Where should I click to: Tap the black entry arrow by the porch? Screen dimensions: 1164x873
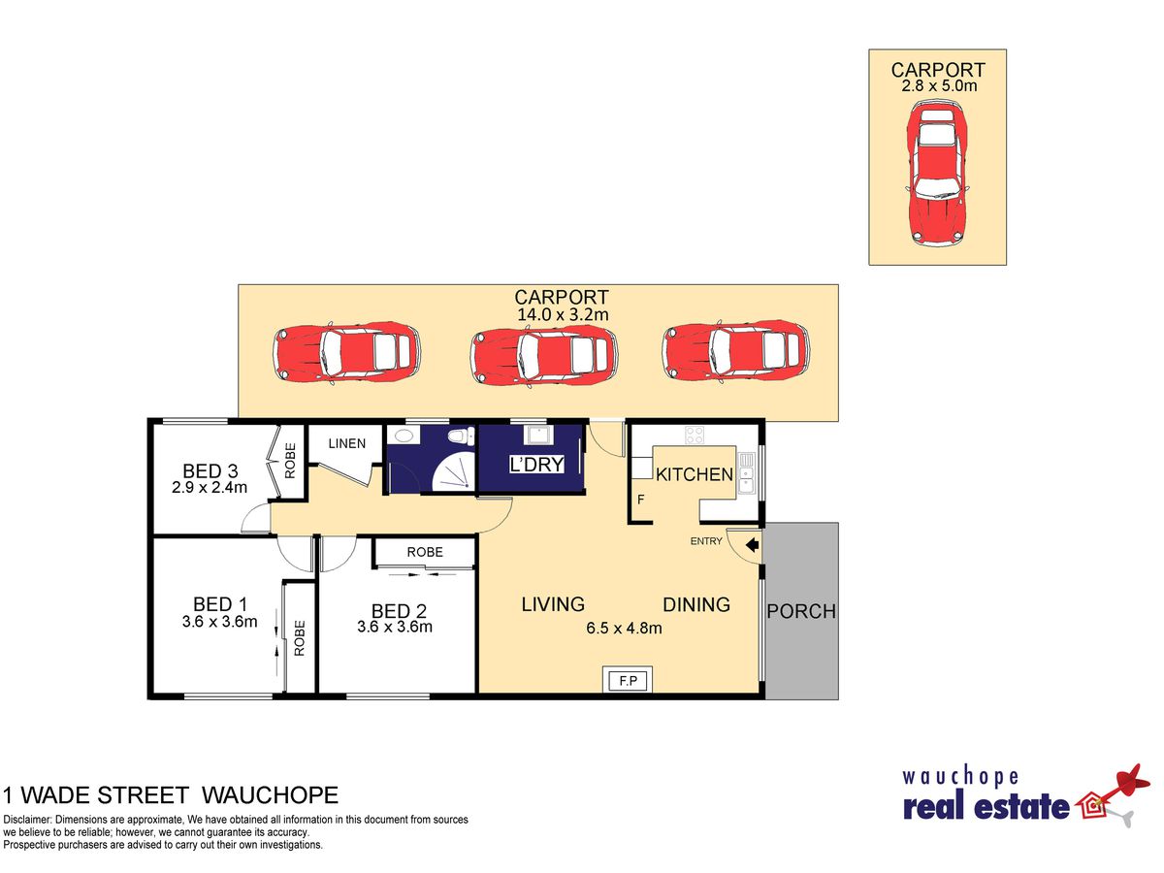[753, 545]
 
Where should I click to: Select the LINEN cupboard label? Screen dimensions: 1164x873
[347, 443]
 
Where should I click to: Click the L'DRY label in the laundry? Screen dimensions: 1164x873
[536, 465]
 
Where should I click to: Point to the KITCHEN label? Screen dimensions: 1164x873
[695, 474]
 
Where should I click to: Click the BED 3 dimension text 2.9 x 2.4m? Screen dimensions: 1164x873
[210, 487]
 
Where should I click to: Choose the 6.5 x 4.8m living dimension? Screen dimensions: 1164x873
[624, 629]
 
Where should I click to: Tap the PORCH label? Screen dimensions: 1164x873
[801, 612]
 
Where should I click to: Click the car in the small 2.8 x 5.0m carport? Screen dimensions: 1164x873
[938, 173]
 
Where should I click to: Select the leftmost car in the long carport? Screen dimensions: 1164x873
[346, 352]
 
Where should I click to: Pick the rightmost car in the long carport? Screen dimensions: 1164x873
[735, 350]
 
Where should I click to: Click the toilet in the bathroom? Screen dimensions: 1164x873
[461, 436]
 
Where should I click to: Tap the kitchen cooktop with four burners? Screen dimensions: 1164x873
[695, 436]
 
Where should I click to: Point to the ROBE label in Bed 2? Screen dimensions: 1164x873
[425, 552]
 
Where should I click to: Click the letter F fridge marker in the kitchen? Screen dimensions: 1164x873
[640, 500]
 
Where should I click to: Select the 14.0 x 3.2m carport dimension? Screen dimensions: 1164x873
[563, 315]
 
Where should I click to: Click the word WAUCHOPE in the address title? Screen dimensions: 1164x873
[271, 795]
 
